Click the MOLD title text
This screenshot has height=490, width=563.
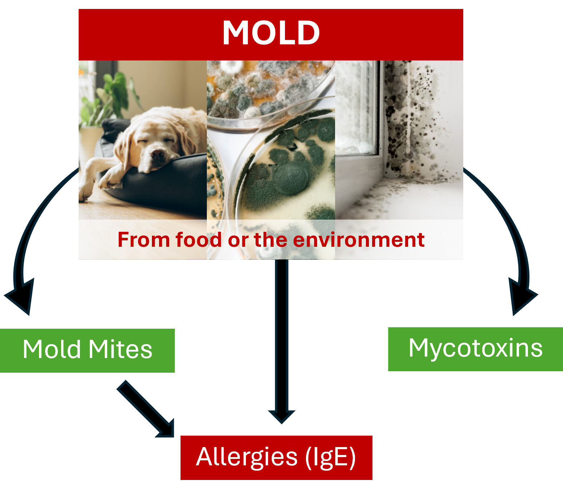(x=271, y=33)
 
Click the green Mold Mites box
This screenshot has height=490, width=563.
(x=87, y=351)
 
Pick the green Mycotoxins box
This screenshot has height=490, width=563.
(x=475, y=349)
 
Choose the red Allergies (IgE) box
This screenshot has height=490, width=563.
(x=276, y=457)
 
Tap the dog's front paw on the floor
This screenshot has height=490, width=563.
(x=86, y=193)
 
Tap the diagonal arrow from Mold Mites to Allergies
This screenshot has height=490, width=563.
(x=147, y=410)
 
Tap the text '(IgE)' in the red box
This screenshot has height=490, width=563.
(x=330, y=457)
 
